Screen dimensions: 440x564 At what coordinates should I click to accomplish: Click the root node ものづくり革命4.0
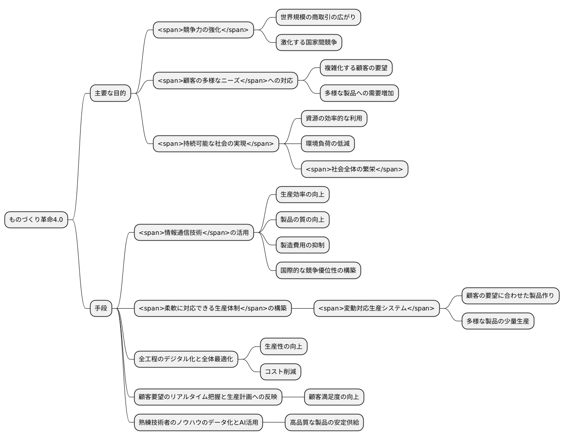(36, 220)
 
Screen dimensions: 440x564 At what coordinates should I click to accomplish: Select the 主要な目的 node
(110, 93)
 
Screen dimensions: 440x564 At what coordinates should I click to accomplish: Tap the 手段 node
(101, 308)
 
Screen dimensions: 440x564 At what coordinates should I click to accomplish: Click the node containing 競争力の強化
(203, 30)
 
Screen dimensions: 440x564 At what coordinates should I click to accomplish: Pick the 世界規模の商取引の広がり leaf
(318, 18)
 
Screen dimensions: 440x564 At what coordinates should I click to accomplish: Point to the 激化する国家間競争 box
(308, 43)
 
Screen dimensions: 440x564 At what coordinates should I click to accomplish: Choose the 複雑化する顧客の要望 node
(356, 68)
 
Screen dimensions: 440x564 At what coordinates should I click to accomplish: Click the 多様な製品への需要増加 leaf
(359, 93)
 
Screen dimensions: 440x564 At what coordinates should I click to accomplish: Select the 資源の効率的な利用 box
(334, 119)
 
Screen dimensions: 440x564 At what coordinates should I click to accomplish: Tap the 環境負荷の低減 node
(327, 144)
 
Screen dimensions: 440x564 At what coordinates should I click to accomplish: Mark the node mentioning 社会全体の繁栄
(354, 169)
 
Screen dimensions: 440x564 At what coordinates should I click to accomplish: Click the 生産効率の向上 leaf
(302, 195)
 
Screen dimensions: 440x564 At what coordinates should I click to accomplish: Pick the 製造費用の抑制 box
(302, 245)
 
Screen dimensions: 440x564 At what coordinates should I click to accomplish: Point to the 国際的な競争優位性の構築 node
(318, 270)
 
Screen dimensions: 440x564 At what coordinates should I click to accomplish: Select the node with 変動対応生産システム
(376, 308)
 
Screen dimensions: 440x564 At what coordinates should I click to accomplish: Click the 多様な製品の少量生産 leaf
(497, 321)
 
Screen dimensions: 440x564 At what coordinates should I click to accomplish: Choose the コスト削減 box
(280, 372)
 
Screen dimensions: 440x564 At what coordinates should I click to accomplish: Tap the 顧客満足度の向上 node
(334, 397)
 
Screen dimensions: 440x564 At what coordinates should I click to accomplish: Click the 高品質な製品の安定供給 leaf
(324, 422)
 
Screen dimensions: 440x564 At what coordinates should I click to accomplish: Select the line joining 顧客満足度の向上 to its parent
(293, 397)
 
